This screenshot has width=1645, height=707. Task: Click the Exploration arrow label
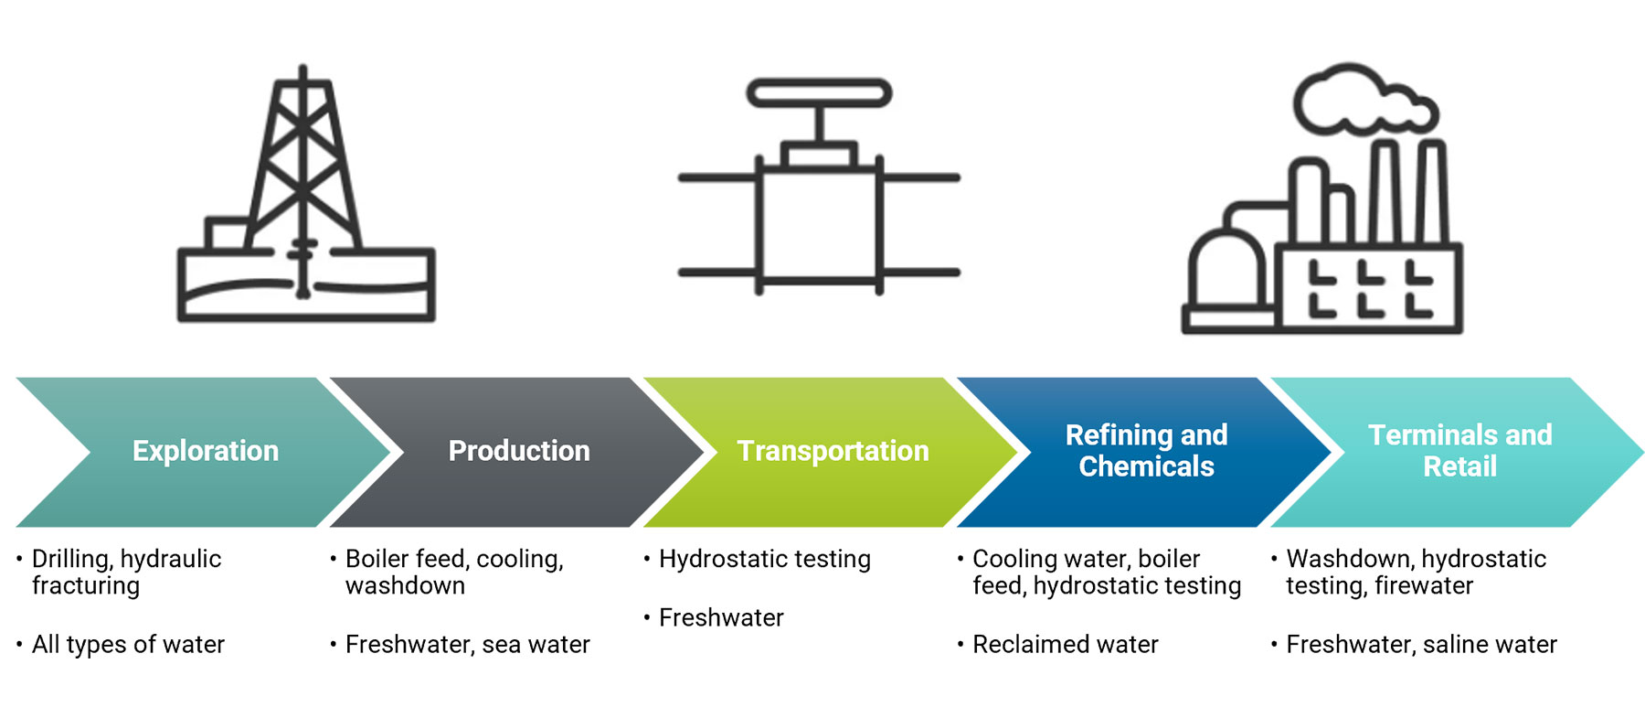tap(206, 451)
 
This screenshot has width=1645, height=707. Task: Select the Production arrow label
tap(519, 451)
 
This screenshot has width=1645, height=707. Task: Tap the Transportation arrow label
tap(833, 451)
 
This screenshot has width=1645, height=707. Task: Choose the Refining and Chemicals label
tap(1146, 451)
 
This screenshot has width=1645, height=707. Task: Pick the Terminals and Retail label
tap(1459, 451)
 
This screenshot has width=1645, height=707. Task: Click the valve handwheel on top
tap(819, 93)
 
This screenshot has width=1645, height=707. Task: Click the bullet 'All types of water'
tap(128, 645)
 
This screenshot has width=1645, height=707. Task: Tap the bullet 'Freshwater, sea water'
tap(467, 645)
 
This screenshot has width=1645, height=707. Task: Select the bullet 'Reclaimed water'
tap(1065, 645)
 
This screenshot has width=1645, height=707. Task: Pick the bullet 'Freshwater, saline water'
tap(1421, 645)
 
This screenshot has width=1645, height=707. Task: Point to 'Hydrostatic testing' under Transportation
tap(764, 559)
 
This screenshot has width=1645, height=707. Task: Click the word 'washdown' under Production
tap(405, 586)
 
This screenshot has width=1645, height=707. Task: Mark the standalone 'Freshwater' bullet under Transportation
tap(721, 618)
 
